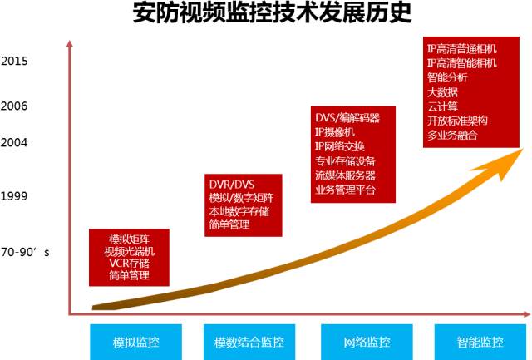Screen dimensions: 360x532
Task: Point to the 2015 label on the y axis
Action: click(14, 61)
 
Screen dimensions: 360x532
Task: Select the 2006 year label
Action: click(14, 106)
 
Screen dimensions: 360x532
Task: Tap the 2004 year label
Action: click(14, 142)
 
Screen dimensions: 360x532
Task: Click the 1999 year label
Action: click(14, 197)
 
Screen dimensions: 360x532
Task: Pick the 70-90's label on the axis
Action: click(26, 250)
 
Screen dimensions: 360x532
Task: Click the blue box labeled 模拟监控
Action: click(136, 342)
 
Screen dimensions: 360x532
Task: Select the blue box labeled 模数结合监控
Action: click(249, 342)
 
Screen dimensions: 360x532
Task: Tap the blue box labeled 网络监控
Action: click(367, 342)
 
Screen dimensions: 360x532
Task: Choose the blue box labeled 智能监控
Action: click(480, 342)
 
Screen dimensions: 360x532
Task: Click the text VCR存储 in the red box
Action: click(130, 263)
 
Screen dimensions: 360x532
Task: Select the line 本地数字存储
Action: click(239, 211)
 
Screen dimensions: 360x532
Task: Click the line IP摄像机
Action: click(335, 132)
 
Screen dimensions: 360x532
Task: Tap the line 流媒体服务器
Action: click(345, 175)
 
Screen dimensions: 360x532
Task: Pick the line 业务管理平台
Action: click(345, 190)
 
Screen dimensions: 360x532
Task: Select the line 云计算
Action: click(442, 106)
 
